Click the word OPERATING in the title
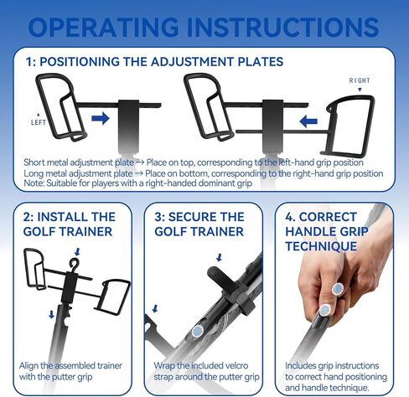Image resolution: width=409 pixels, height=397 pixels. pyautogui.click(x=103, y=27)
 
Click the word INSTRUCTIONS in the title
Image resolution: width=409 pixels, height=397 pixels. pyautogui.click(x=283, y=27)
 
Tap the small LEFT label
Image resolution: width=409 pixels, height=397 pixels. pyautogui.click(x=39, y=122)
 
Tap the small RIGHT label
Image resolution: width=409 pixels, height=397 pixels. pyautogui.click(x=360, y=80)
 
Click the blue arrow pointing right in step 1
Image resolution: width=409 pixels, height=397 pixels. pyautogui.click(x=101, y=118)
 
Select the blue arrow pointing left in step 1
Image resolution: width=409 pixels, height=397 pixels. pyautogui.click(x=308, y=121)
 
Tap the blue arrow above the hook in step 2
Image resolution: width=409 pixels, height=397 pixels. pyautogui.click(x=77, y=252)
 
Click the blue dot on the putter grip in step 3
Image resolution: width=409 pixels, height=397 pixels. pyautogui.click(x=198, y=331)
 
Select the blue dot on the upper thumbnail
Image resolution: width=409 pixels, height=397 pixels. pyautogui.click(x=338, y=288)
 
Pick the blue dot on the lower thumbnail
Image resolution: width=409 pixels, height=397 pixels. pyautogui.click(x=324, y=310)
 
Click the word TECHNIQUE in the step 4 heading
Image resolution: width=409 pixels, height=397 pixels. pyautogui.click(x=321, y=246)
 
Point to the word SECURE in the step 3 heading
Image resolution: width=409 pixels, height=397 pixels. pyautogui.click(x=189, y=217)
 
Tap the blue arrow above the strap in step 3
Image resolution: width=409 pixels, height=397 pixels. pyautogui.click(x=219, y=257)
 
